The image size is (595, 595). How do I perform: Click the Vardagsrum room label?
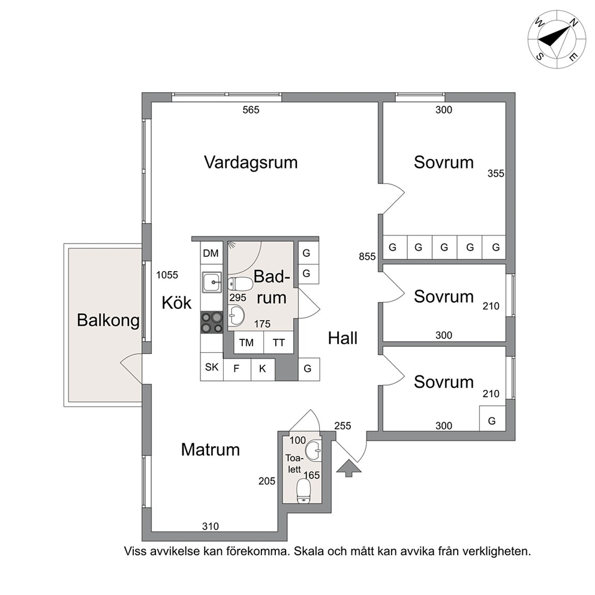pos(251,163)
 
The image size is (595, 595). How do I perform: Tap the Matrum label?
pos(210,450)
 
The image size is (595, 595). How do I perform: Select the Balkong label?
pos(108,320)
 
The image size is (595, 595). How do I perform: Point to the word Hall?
pos(342,338)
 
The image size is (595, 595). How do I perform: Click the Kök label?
pos(176,303)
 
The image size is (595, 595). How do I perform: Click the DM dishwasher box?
pos(211,253)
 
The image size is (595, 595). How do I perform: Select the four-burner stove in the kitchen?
pos(212,323)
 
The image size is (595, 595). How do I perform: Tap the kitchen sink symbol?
pos(212,283)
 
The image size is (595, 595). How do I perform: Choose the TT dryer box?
pos(278,342)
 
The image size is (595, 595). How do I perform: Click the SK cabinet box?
pos(212,366)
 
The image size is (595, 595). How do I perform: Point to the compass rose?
pos(557,40)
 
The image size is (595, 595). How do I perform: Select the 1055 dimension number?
pos(167,275)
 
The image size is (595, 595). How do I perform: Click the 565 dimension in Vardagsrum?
pos(251,110)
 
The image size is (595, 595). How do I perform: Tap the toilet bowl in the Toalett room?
pos(303,491)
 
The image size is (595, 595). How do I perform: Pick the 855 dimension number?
pos(367,257)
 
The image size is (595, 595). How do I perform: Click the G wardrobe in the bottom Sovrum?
pos(492,419)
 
